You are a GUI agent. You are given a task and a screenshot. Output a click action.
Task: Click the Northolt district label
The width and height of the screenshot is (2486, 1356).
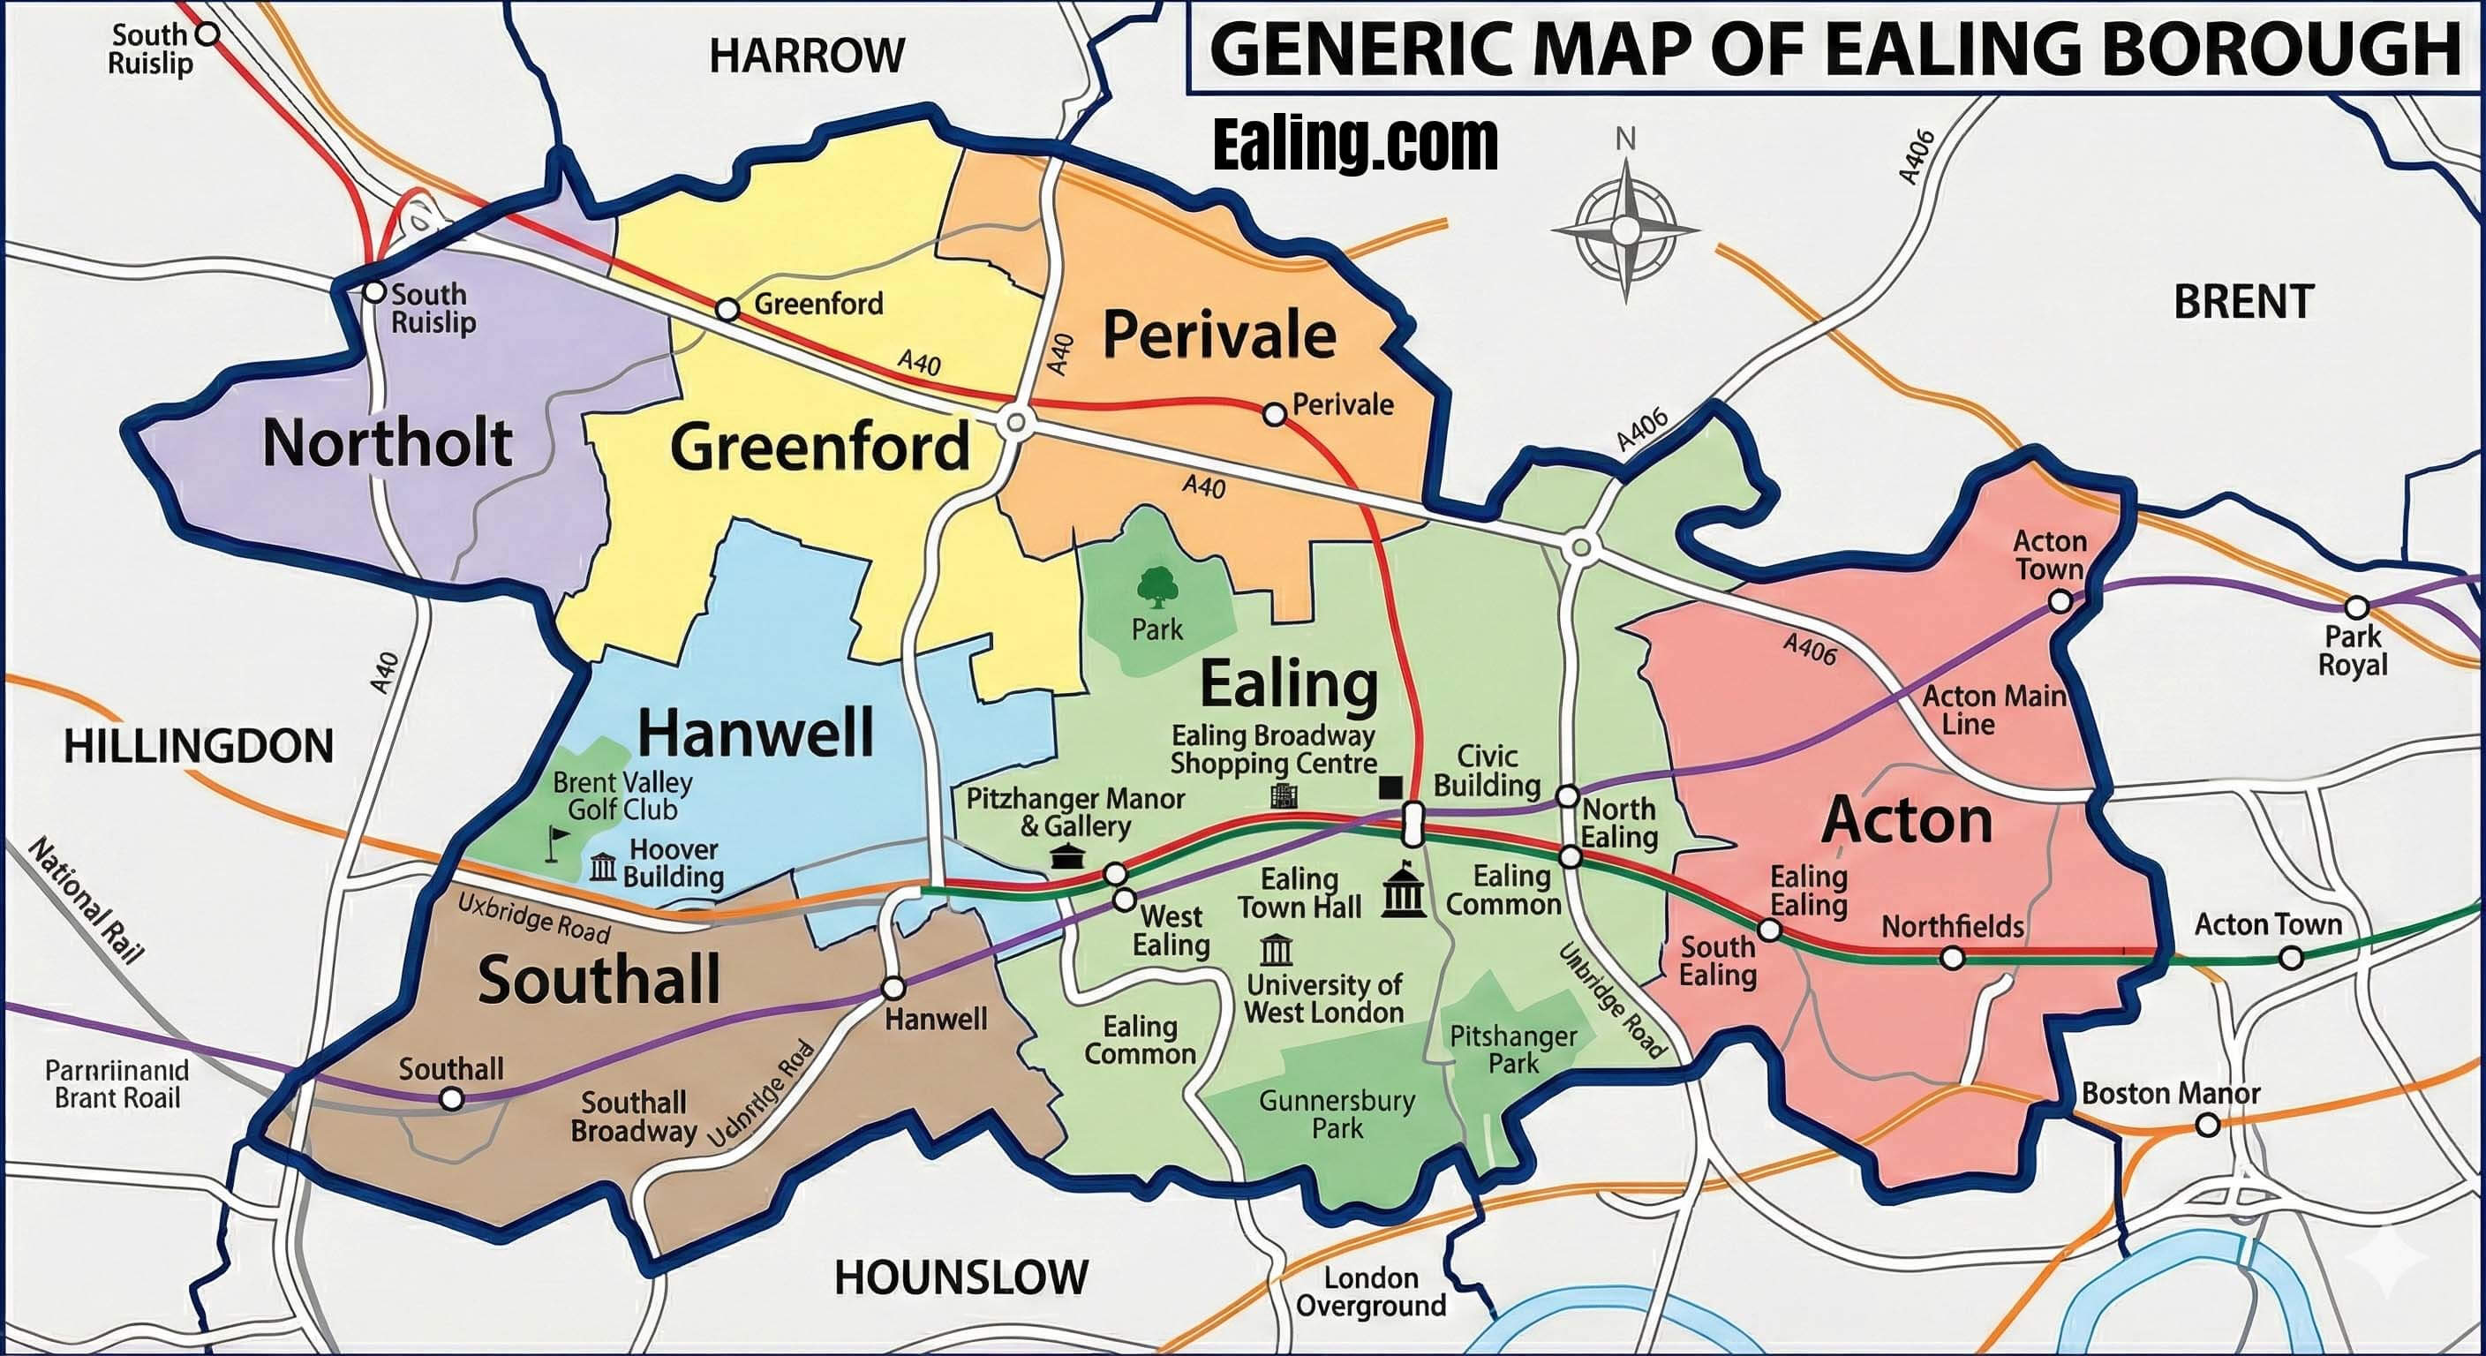coord(387,443)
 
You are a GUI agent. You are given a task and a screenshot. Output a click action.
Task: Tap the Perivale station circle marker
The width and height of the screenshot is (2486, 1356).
coord(1274,415)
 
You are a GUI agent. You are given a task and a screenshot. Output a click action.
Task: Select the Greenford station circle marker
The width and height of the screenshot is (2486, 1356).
coord(727,311)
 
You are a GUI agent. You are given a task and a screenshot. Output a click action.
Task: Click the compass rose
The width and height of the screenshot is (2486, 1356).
coord(1625,230)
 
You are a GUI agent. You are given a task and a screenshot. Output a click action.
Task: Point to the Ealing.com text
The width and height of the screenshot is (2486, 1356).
coord(1355,145)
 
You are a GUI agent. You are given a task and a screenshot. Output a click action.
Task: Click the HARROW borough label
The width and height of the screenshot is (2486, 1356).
coord(807,56)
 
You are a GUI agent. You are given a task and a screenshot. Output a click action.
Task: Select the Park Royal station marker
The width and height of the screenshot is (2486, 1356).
coord(2357,608)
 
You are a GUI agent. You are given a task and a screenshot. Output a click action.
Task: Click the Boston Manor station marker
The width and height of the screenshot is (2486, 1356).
coord(2207,1126)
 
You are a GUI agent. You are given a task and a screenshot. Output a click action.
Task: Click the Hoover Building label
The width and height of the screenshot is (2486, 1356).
coord(673,863)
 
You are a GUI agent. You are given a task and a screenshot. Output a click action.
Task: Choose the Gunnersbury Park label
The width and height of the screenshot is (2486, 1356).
coord(1337,1114)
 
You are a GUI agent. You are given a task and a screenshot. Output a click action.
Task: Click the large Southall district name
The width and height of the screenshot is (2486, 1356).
coord(599,980)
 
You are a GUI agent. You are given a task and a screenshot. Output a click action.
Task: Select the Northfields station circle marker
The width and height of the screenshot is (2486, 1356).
coord(1952,959)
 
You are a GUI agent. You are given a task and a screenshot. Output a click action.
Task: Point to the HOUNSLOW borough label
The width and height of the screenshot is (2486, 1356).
coord(960,1277)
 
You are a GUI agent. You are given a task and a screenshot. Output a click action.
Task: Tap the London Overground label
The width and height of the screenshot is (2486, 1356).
coord(1370,1292)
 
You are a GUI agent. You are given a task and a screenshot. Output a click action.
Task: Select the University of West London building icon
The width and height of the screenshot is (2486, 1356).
coord(1276,951)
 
